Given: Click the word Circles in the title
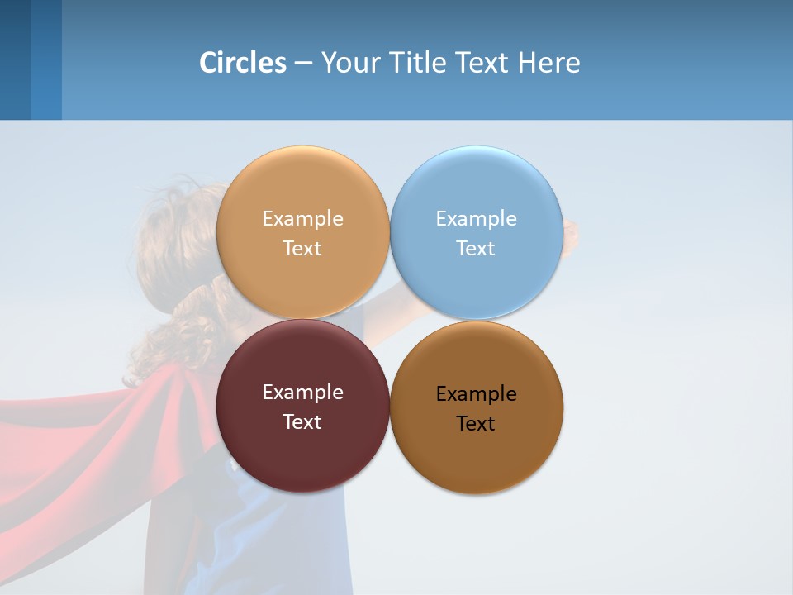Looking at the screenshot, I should coord(242,63).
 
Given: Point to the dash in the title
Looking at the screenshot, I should coord(303,64).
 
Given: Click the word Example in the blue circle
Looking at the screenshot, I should coord(476,219).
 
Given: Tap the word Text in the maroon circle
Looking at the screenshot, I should coord(302,422).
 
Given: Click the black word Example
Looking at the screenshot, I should coord(476,394).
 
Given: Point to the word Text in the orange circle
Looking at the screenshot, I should coord(302,249).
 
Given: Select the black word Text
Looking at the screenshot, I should coord(476,424).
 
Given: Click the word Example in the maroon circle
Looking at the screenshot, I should coord(302,393).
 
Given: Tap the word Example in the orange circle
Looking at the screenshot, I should coord(302,219).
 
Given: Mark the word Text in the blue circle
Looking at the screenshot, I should coord(476,249).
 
